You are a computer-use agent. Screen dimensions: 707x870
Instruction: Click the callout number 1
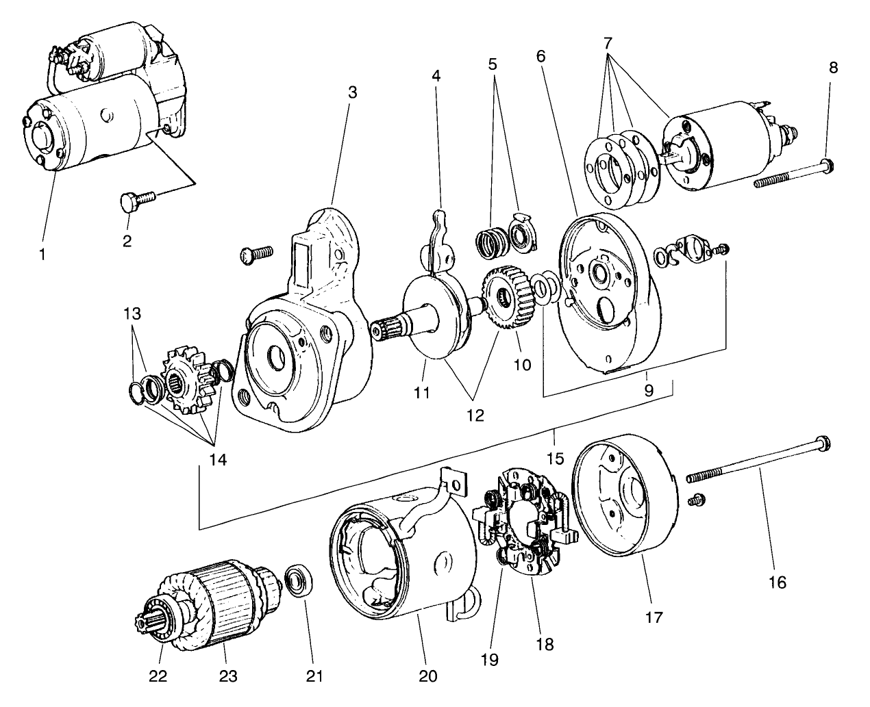[x=42, y=254]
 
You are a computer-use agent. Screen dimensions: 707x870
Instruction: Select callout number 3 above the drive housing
[x=352, y=92]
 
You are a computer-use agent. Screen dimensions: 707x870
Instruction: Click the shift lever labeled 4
[x=439, y=236]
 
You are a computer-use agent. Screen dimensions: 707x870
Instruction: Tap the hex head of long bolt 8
[x=827, y=164]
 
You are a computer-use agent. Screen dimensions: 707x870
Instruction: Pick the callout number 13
[x=132, y=314]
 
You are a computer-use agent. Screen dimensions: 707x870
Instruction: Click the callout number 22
[x=158, y=676]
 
